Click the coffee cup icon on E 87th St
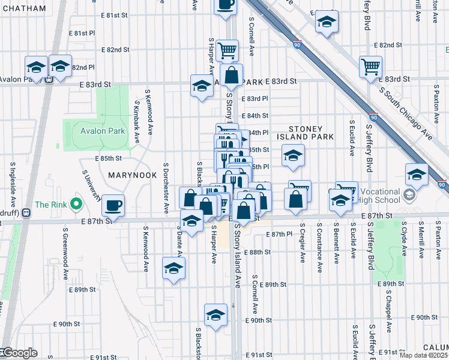113,206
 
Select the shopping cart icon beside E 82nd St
227,50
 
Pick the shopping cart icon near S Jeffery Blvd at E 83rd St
370,66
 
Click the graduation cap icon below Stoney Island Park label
293,156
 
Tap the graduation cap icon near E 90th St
216,314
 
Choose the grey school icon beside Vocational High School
409,195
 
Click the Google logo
19,353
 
